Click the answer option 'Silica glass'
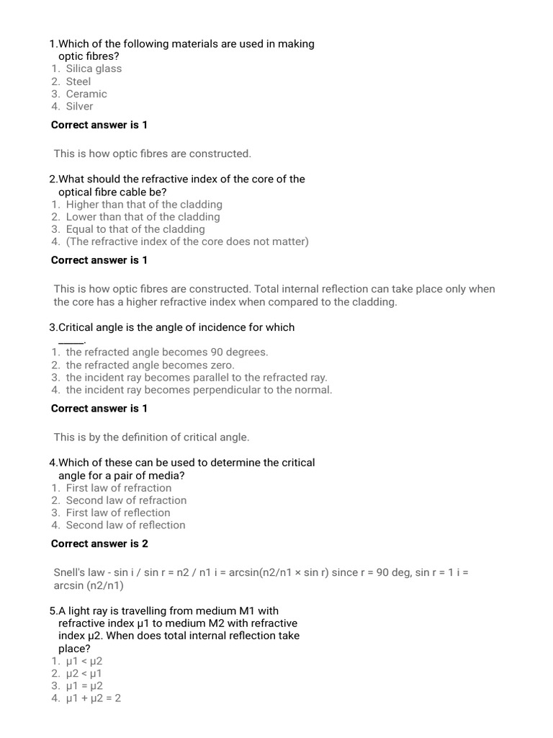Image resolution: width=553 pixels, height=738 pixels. coord(94,68)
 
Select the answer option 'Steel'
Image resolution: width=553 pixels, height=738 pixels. coord(78,81)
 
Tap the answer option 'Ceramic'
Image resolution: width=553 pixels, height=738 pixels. coord(86,94)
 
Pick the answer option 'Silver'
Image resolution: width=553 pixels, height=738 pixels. coord(79,106)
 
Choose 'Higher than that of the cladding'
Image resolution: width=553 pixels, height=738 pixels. coord(144,204)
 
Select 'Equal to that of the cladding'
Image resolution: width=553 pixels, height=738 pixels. coord(135,229)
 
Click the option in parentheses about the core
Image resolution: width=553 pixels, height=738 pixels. coord(187,241)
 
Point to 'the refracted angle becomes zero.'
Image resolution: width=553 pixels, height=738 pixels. coord(150,365)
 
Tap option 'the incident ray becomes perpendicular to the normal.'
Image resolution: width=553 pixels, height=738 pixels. coord(199,390)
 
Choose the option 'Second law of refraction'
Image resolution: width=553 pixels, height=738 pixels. coord(126,500)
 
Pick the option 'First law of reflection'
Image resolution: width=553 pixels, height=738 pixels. coord(118,512)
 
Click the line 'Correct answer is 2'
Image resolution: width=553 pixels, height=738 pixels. coord(99,543)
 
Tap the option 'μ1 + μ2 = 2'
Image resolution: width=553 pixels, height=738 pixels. coord(93,698)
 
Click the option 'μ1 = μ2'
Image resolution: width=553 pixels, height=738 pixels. coord(84,685)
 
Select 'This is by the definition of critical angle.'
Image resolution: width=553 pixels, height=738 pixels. coord(151,437)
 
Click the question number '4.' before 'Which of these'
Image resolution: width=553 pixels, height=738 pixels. coord(53,463)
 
